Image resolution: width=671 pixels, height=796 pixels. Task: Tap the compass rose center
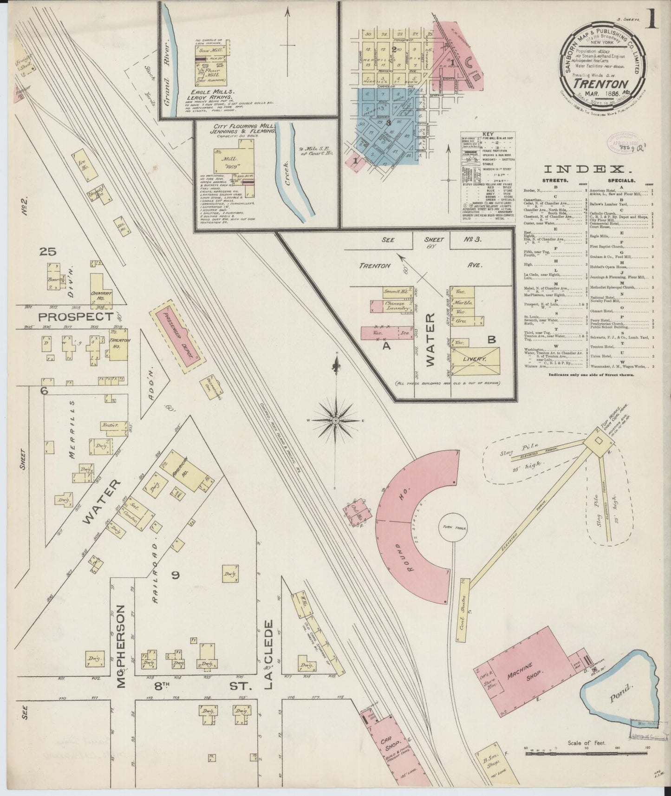pos(335,421)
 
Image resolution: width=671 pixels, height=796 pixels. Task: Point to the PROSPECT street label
pos(76,317)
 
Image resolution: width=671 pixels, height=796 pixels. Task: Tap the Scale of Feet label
pos(587,743)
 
